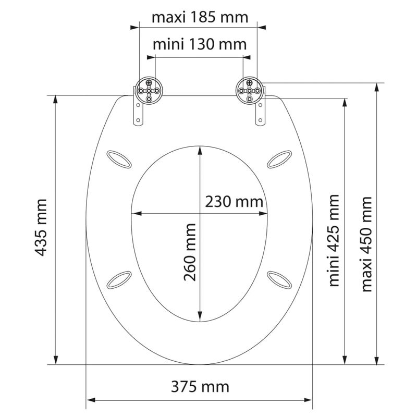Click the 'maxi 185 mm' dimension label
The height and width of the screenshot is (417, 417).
pos(200,18)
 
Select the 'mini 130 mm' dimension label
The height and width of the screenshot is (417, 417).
pos(200,44)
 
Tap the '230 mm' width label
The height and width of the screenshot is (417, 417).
pos(234,202)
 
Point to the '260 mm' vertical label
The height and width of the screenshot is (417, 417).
pos(190,252)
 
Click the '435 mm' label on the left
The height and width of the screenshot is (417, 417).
pos(41,228)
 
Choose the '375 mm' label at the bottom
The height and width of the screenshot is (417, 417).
pos(200,387)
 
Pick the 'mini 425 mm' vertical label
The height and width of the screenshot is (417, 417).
pos(334,241)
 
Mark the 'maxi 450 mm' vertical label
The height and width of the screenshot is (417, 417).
pos(366,244)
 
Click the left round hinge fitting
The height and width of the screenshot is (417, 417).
pos(149,91)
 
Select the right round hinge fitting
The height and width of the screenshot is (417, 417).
pos(250,91)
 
